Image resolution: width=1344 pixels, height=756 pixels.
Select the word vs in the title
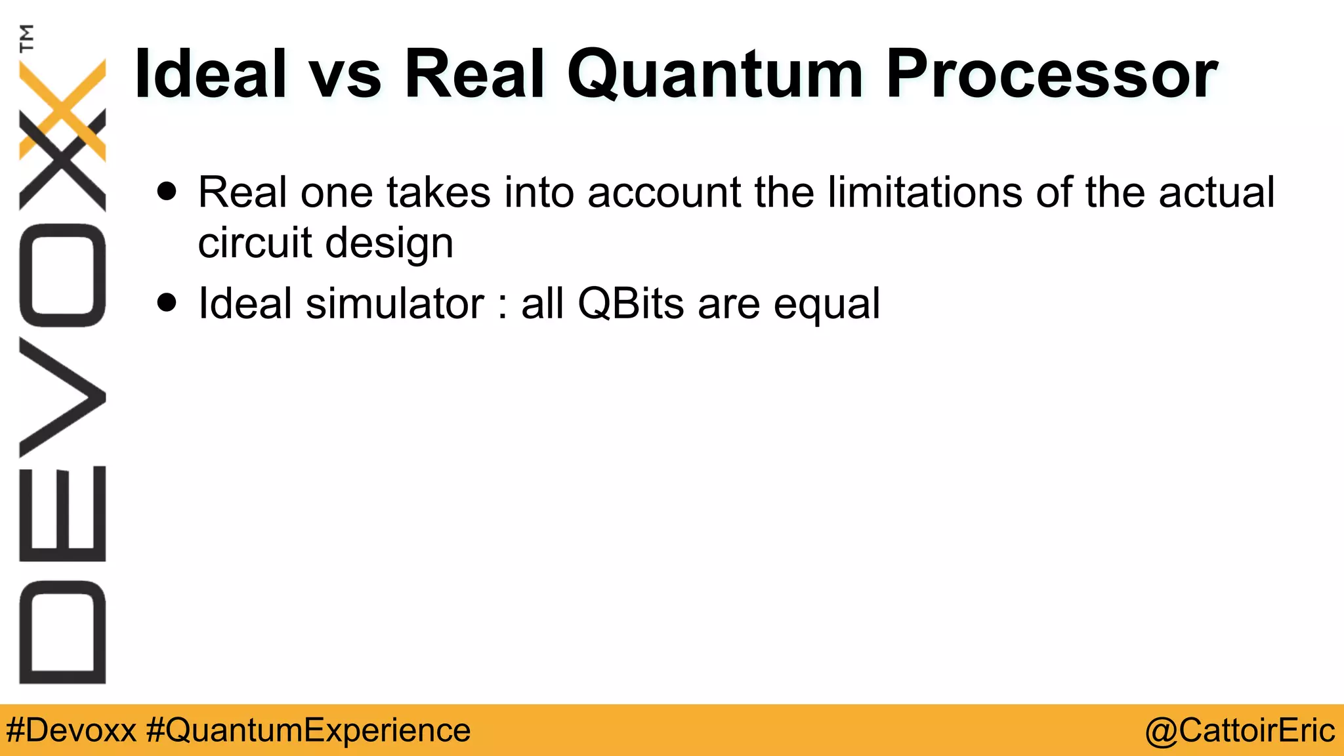coord(345,75)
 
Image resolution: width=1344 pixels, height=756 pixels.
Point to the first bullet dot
coord(167,191)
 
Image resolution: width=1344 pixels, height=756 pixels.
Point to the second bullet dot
coord(167,303)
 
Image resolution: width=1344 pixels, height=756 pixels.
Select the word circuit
coord(255,242)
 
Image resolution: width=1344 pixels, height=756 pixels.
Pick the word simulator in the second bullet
coord(394,303)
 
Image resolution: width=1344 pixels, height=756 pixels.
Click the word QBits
coord(631,304)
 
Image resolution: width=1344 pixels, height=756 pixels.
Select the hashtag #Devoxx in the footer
coord(71,730)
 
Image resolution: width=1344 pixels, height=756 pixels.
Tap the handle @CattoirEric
coord(1240,730)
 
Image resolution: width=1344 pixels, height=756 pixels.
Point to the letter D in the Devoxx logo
coord(62,632)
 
